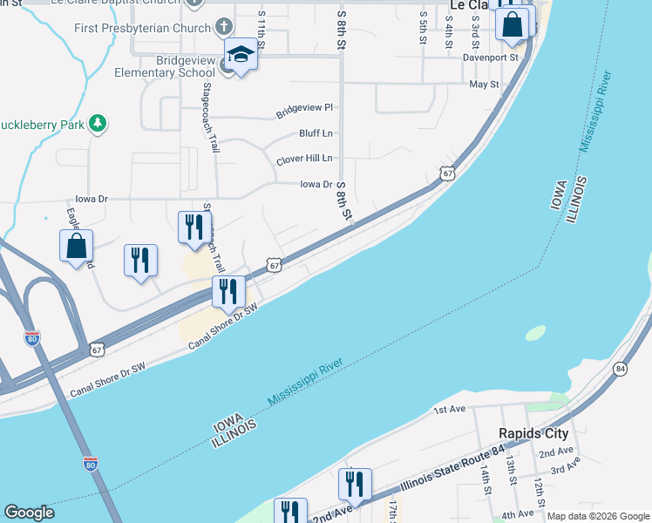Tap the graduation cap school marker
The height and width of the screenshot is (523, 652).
(x=240, y=55)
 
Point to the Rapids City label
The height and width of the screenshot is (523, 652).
(x=533, y=433)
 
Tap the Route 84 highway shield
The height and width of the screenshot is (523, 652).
(x=620, y=369)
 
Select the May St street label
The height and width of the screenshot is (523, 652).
(x=484, y=85)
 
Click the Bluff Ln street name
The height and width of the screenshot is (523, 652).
(x=316, y=133)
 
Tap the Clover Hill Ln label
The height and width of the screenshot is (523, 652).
(x=304, y=160)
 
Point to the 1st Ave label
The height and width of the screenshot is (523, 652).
(x=451, y=410)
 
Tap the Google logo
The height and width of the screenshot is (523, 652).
(x=30, y=513)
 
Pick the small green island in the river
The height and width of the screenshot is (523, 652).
(x=535, y=333)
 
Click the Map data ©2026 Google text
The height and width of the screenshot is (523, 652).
(x=597, y=516)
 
